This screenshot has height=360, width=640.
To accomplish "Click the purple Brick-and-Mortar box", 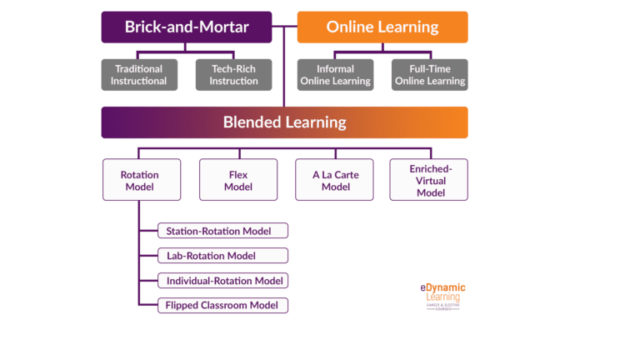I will coord(187,27).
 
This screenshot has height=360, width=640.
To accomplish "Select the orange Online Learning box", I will coord(382,27).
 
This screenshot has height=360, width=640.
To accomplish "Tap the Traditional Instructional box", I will coord(140,75).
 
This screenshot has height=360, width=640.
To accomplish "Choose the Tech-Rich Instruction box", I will coord(232,75).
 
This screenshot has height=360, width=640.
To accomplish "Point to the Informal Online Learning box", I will coord(337,75).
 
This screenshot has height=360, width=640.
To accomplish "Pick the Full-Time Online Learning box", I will coord(430,75).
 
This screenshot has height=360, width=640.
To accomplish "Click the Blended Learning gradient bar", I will coord(284,122).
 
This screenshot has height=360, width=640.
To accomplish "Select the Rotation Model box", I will coord(140,180).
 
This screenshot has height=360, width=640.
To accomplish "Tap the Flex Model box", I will coord(237,180).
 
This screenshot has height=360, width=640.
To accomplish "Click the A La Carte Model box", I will coord(336,180).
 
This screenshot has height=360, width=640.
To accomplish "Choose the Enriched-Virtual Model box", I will coord(428,180).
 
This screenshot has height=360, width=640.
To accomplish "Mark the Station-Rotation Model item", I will coord(223,231).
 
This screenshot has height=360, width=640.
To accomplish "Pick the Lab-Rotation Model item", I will coord(223,256).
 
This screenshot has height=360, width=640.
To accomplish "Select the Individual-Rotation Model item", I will coord(223,281).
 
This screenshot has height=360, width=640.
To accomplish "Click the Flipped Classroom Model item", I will coord(223,306).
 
